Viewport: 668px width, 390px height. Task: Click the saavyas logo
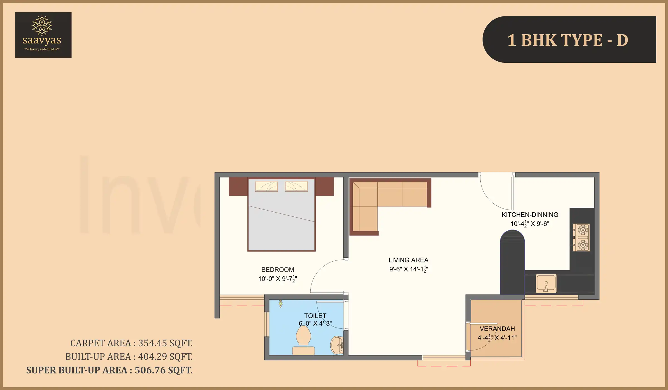pyautogui.click(x=43, y=35)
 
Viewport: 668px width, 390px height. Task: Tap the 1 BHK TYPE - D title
pyautogui.click(x=568, y=40)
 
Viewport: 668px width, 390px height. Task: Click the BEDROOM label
pyautogui.click(x=277, y=270)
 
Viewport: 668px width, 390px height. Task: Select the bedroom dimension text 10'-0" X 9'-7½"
pyautogui.click(x=277, y=279)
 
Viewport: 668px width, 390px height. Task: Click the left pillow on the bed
pyautogui.click(x=266, y=186)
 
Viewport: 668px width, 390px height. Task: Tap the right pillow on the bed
pyautogui.click(x=296, y=186)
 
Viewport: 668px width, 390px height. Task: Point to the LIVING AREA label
pyautogui.click(x=408, y=260)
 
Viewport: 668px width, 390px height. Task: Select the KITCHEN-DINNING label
pyautogui.click(x=530, y=215)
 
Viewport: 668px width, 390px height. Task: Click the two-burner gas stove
pyautogui.click(x=581, y=237)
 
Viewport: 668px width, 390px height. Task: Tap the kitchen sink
pyautogui.click(x=546, y=284)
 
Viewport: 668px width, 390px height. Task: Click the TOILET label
pyautogui.click(x=315, y=316)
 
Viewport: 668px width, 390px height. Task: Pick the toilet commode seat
pyautogui.click(x=303, y=337)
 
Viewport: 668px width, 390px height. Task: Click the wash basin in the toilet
pyautogui.click(x=337, y=345)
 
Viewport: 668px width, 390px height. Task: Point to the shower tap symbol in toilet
pyautogui.click(x=281, y=303)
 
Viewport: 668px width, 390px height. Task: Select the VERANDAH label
pyautogui.click(x=497, y=329)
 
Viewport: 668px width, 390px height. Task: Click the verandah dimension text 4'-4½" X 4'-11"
pyautogui.click(x=497, y=338)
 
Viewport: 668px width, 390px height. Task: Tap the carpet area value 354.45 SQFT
pyautogui.click(x=165, y=343)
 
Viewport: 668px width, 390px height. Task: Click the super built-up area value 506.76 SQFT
pyautogui.click(x=164, y=370)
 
